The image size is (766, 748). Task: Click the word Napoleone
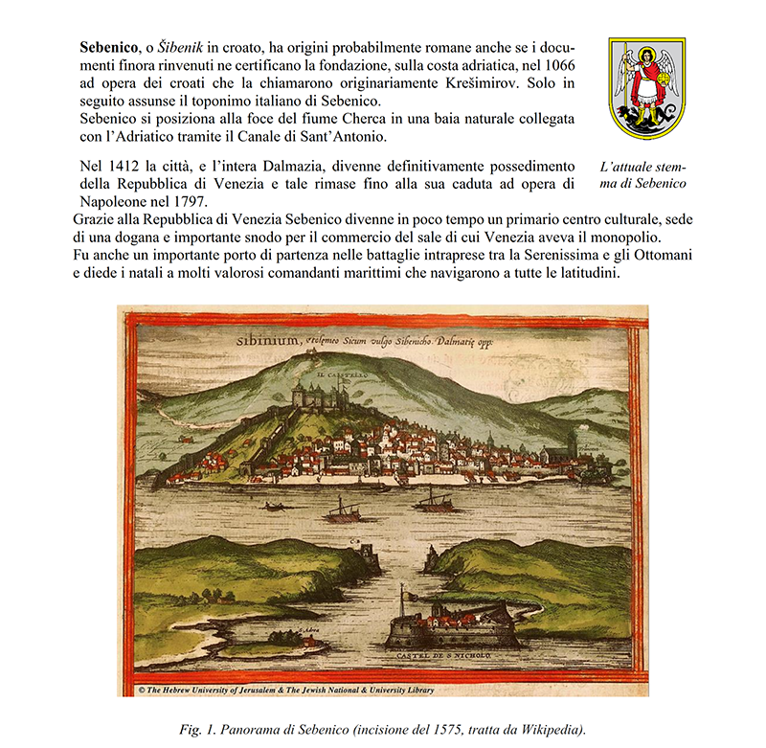click(x=112, y=203)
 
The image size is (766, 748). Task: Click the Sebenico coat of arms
click(x=647, y=87)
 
